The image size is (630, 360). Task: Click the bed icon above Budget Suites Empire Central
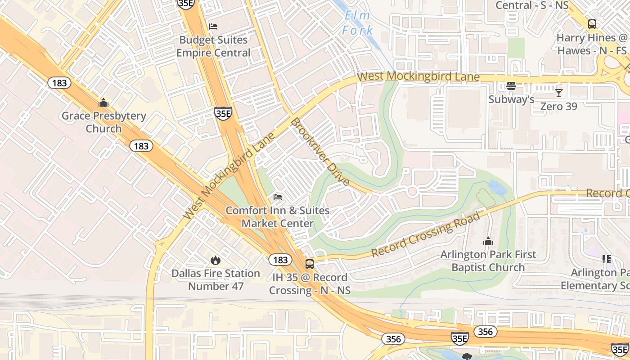tap(213, 27)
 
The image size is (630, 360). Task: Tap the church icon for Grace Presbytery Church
tap(103, 103)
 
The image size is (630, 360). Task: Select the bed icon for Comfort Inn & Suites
tap(278, 197)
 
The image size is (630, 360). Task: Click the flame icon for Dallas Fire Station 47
tap(216, 260)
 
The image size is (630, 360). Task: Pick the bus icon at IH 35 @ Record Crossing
tap(310, 264)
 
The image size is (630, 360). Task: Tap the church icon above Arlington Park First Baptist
tap(488, 242)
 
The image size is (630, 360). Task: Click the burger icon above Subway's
tap(511, 86)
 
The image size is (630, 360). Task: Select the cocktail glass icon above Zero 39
tap(558, 93)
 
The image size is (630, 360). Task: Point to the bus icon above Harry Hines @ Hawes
tap(592, 24)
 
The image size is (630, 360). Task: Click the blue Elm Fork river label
tap(358, 23)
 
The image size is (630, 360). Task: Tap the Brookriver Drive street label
tap(320, 152)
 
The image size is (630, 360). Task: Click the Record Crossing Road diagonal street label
tap(426, 235)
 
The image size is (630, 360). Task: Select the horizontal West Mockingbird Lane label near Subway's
tap(418, 76)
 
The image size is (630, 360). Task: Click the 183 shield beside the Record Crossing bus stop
tap(280, 260)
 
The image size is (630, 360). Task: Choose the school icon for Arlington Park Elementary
tap(607, 259)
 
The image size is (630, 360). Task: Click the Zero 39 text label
tap(558, 107)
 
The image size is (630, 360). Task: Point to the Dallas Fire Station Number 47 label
tap(216, 279)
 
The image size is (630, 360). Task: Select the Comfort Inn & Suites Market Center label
tap(278, 217)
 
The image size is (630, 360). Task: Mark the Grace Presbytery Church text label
tap(103, 122)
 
